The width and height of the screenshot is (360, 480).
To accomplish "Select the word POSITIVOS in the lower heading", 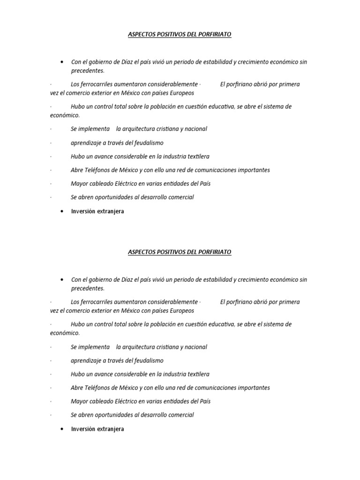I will click(171, 252).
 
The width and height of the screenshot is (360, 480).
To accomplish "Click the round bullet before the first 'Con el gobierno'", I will click(62, 62).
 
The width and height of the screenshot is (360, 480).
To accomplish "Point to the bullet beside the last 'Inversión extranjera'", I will click(62, 429).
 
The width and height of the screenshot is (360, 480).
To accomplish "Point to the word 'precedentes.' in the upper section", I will click(88, 71).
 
